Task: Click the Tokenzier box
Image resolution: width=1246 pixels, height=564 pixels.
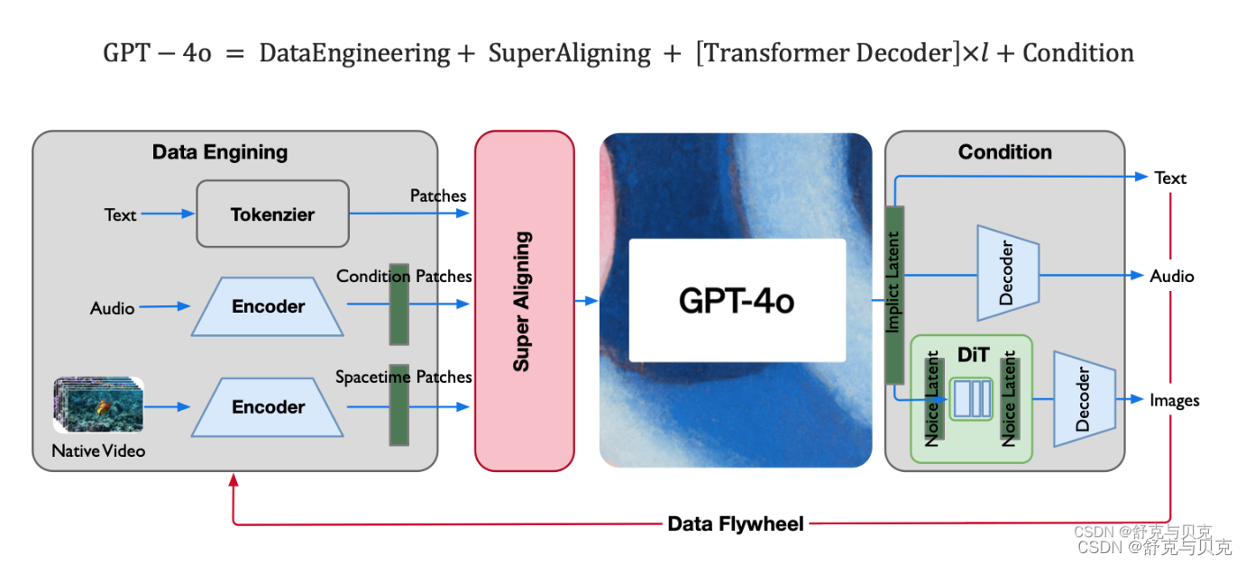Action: [272, 214]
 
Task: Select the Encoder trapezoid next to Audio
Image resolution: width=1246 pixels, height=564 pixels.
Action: [268, 307]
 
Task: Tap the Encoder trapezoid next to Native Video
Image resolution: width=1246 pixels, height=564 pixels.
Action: [268, 407]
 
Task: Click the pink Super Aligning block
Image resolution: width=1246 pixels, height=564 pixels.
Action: [524, 301]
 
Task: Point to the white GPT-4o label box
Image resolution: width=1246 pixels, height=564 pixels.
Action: [737, 300]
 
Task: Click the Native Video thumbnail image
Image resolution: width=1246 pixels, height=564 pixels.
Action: [98, 405]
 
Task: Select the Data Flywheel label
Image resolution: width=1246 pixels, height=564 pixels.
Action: [735, 523]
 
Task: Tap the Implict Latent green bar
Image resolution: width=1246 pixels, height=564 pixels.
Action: [893, 294]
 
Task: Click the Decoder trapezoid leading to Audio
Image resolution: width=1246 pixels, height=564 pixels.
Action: [1008, 273]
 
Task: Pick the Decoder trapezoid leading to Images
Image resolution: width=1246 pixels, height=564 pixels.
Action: [1085, 398]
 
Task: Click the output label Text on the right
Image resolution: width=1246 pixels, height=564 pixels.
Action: [1170, 178]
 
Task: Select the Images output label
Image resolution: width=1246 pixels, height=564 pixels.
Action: [1174, 400]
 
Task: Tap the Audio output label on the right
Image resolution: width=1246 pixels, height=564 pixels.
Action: [1171, 277]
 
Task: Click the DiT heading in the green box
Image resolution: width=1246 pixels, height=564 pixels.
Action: [973, 355]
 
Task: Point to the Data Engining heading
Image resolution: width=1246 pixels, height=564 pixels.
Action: [220, 152]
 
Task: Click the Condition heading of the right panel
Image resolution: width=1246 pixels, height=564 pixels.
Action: [1004, 152]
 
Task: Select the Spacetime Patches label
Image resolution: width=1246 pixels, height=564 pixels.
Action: [403, 378]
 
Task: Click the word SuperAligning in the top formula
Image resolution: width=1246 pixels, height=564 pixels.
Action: [569, 54]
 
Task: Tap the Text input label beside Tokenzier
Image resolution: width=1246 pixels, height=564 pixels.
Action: [120, 215]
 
